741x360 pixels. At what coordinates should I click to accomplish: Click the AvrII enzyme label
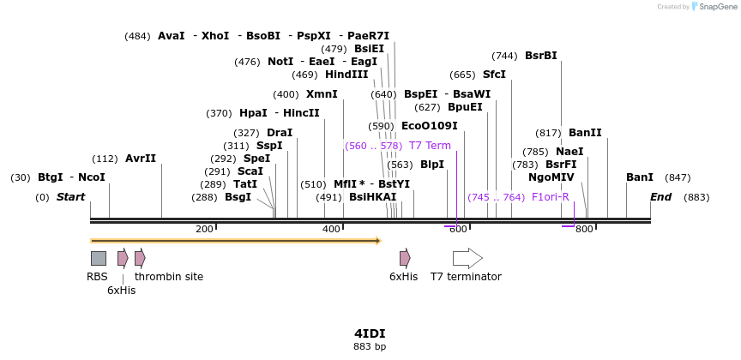click(x=141, y=159)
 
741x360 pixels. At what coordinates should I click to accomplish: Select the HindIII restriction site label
click(x=346, y=75)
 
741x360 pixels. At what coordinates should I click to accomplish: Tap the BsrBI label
click(x=540, y=56)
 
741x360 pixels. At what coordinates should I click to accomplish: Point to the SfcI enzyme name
click(x=494, y=75)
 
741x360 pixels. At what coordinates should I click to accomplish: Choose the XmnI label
click(x=322, y=94)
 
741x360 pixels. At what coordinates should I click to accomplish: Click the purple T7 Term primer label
click(x=430, y=146)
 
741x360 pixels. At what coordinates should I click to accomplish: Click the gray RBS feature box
click(x=99, y=258)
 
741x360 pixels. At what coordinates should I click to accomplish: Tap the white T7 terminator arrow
click(x=467, y=258)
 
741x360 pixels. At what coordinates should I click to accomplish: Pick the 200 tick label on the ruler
click(x=204, y=229)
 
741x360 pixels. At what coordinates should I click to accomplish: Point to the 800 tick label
click(x=584, y=229)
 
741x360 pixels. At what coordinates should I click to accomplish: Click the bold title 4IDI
click(x=370, y=333)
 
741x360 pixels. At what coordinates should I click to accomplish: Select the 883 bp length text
click(x=370, y=347)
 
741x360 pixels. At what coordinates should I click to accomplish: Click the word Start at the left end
click(x=71, y=197)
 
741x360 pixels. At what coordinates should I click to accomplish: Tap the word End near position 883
click(x=660, y=197)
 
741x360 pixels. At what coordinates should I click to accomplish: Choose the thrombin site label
click(x=169, y=277)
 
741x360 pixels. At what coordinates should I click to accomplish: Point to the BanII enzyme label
click(x=585, y=133)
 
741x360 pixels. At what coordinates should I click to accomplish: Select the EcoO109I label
click(x=429, y=126)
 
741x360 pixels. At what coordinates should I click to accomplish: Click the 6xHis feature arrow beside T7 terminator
click(x=405, y=258)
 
